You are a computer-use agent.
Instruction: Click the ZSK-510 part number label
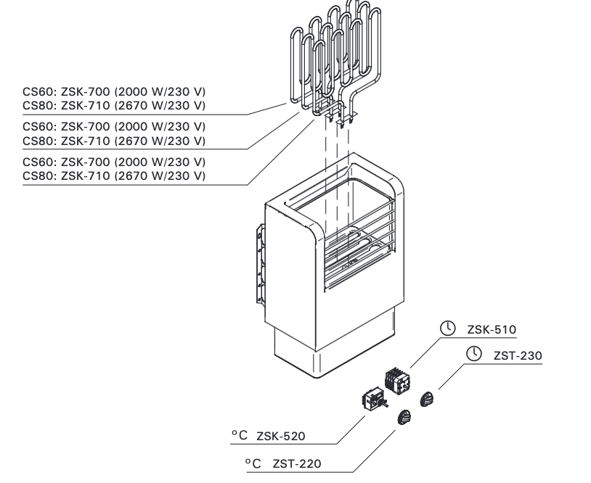pyautogui.click(x=492, y=329)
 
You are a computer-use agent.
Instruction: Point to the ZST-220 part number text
pyautogui.click(x=297, y=462)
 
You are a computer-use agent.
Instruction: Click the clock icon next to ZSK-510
pyautogui.click(x=449, y=329)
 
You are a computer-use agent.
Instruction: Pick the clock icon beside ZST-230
pyautogui.click(x=473, y=354)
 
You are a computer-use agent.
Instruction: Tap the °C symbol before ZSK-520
pyautogui.click(x=240, y=435)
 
